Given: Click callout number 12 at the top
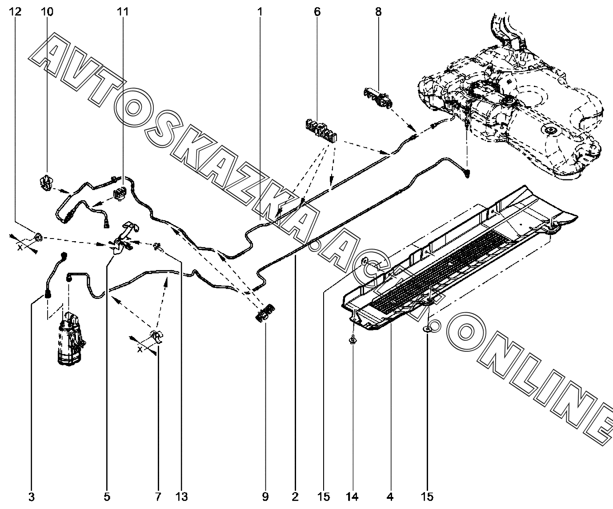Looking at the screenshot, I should click(x=15, y=12).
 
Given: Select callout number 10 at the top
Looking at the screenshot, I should click(x=47, y=12).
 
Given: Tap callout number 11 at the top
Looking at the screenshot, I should click(x=123, y=12).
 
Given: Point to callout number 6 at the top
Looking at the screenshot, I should click(x=317, y=12).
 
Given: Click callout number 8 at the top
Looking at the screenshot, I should click(x=378, y=12).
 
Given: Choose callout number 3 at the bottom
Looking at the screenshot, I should click(x=31, y=497).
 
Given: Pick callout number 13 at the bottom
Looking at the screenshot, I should click(x=181, y=497).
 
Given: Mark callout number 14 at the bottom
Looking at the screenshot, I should click(x=353, y=497).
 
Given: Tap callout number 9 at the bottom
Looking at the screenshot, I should click(x=265, y=497).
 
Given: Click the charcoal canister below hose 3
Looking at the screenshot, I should click(x=70, y=340).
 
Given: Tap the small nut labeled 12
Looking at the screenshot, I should click(x=38, y=238).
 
